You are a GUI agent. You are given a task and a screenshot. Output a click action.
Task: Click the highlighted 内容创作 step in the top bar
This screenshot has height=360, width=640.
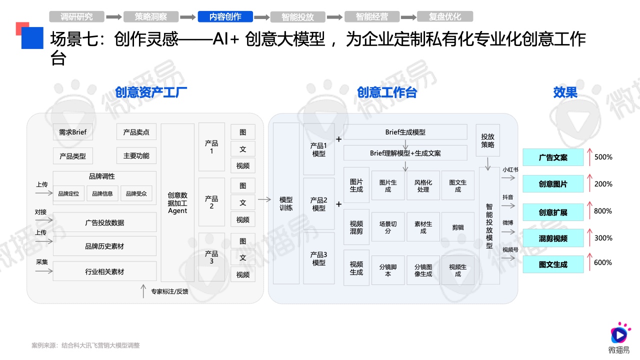(x=225, y=16)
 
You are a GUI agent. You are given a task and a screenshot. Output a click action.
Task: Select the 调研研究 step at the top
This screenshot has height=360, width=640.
(x=76, y=16)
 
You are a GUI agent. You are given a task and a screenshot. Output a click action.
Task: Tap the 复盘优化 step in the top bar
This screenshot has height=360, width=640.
(x=445, y=16)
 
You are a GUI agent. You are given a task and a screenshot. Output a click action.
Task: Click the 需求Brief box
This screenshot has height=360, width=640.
(x=73, y=132)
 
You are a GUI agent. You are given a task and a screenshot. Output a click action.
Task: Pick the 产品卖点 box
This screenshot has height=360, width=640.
(x=136, y=132)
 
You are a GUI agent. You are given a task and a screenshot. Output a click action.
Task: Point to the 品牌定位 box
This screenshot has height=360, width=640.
(x=68, y=193)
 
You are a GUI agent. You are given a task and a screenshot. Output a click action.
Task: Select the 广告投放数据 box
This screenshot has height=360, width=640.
(x=104, y=222)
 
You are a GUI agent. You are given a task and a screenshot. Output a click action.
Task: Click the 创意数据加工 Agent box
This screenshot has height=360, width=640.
(x=177, y=203)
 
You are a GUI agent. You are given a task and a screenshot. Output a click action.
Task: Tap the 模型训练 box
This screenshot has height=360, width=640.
(x=286, y=203)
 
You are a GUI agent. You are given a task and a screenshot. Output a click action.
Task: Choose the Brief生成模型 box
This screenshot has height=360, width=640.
(x=405, y=132)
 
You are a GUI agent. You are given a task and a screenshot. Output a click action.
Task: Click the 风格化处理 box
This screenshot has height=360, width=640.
(x=423, y=185)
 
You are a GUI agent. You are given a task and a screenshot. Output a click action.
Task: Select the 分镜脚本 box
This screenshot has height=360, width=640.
(x=387, y=270)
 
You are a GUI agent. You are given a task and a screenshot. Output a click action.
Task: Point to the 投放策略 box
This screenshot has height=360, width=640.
(x=487, y=140)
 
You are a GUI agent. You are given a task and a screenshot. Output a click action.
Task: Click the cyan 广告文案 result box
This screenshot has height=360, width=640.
(x=553, y=157)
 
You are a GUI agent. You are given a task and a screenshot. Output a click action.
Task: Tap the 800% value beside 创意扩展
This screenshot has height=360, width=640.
(x=603, y=211)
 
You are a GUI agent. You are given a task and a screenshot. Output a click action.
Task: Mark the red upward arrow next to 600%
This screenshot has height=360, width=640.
(x=589, y=261)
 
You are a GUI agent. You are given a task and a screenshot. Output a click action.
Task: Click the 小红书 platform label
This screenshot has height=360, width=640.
(x=510, y=169)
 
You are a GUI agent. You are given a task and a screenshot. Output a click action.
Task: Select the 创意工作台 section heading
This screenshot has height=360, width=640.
(x=387, y=92)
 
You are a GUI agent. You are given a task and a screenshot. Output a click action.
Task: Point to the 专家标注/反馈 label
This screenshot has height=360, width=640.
(x=169, y=291)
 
